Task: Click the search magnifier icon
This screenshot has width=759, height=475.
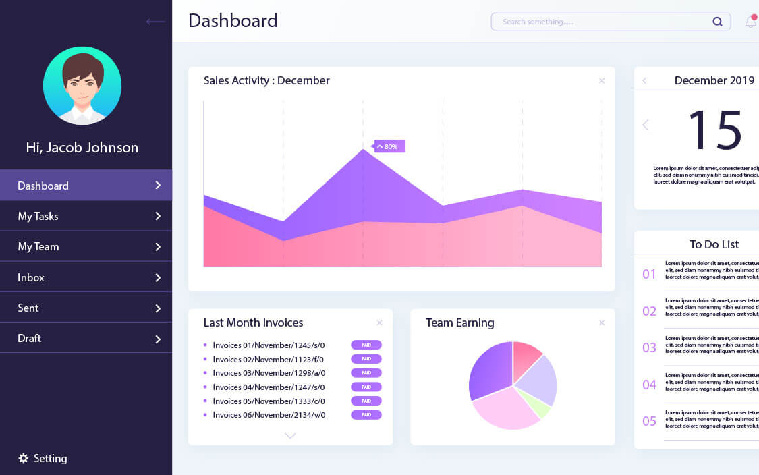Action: (717, 22)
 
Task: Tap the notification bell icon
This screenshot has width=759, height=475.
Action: (750, 22)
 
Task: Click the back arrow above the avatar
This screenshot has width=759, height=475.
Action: (156, 22)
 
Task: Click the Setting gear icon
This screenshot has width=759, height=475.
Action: (24, 458)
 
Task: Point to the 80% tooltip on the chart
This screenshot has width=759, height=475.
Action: (390, 146)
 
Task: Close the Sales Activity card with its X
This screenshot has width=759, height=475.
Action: (602, 80)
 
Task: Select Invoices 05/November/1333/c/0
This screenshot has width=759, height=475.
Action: (269, 401)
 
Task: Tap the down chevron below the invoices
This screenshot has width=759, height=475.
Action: (290, 436)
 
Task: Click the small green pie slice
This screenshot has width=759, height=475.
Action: (540, 403)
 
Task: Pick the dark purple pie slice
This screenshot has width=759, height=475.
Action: (490, 370)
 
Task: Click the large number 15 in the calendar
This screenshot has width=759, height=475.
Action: (714, 130)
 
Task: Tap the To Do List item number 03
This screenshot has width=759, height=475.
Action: (649, 347)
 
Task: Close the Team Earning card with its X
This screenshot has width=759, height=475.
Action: (602, 323)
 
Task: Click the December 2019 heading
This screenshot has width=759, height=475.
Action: (714, 80)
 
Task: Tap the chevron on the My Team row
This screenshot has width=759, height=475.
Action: (158, 247)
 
